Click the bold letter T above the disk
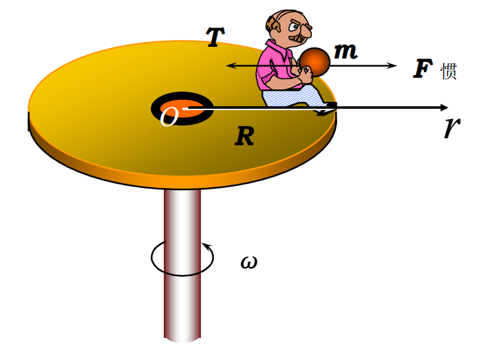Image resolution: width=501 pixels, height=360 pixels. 215,36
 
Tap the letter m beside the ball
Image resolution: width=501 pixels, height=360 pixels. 345,51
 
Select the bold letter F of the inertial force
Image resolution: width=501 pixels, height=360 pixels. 423,69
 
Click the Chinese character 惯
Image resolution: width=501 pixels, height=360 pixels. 449,71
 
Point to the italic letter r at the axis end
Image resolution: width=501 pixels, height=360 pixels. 452,127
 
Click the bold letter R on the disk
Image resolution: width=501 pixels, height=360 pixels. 244,136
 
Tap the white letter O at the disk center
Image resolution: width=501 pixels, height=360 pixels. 169,116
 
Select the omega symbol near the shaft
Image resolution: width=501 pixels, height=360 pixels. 249,263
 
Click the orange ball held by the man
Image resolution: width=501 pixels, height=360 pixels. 315,62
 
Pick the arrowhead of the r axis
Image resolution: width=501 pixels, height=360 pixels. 444,108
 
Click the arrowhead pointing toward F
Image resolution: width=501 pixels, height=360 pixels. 392,65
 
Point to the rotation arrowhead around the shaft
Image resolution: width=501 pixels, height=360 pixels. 207,246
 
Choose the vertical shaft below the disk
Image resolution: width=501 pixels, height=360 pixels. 182,266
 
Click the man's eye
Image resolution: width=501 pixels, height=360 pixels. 293,27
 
